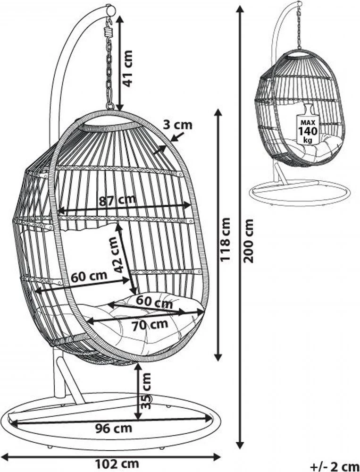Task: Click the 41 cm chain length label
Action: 128,68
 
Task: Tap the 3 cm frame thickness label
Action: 177,125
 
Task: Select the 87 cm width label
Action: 117,200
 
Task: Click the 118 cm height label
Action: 225,240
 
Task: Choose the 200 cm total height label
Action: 248,241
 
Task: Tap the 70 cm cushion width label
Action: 150,325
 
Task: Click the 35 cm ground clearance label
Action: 146,391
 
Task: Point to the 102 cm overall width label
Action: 117,464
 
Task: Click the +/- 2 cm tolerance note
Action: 335,467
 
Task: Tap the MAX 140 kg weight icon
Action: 308,124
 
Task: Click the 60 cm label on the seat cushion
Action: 154,302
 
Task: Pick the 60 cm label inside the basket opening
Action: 89,276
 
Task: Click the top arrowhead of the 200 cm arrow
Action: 240,9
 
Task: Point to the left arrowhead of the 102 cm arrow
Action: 5,457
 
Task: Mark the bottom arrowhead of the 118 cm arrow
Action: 218,357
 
